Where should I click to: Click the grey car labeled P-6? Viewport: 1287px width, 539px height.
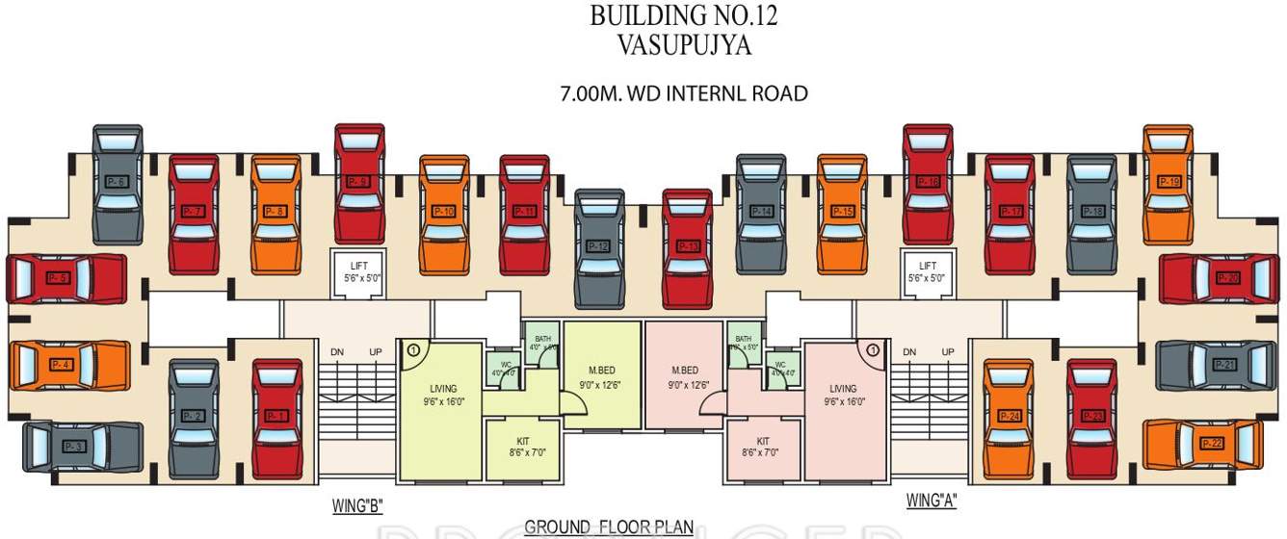tap(118, 183)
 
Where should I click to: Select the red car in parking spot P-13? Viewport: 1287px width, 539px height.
tap(688, 247)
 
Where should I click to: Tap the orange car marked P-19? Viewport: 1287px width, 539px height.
tap(1169, 183)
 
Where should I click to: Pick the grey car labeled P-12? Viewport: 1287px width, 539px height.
tap(599, 247)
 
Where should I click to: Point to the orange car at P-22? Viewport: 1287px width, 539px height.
tap(1202, 443)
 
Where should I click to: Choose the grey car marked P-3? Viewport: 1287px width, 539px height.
tap(82, 447)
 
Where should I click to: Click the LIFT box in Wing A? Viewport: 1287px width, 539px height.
tap(928, 271)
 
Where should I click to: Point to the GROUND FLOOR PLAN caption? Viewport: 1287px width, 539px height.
tap(609, 527)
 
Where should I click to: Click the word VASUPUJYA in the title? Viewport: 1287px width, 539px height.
tap(684, 44)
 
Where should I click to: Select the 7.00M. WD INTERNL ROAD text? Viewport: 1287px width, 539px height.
tap(684, 93)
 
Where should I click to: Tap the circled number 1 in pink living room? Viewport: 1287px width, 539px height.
tap(873, 350)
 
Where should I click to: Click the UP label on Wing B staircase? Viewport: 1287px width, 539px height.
tap(375, 352)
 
